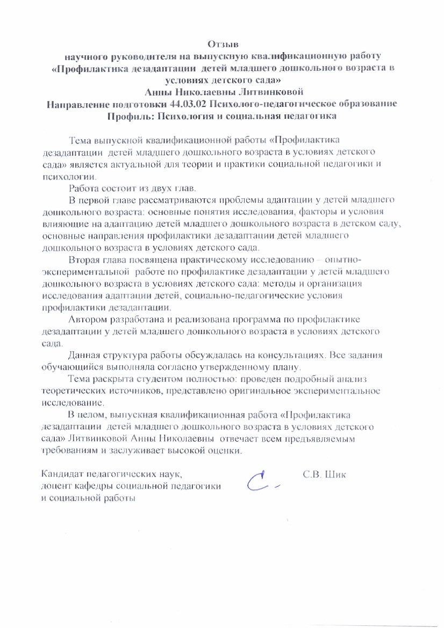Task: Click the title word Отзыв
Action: [x=223, y=43]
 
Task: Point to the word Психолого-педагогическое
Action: [x=270, y=104]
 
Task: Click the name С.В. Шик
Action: [x=325, y=475]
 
